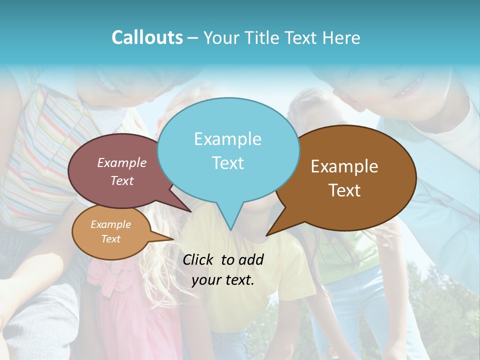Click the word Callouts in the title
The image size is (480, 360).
[147, 37]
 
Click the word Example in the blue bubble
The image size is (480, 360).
[227, 139]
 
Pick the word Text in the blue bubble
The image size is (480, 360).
[228, 163]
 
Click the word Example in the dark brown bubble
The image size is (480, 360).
[344, 166]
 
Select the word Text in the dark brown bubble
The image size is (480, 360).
[344, 190]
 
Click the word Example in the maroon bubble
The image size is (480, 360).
[121, 163]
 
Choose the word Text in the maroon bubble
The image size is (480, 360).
[122, 181]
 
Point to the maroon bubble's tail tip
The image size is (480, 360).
[190, 211]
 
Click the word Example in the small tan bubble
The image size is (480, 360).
[110, 224]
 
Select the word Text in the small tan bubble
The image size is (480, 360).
[111, 239]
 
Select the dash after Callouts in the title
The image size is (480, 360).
[193, 38]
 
